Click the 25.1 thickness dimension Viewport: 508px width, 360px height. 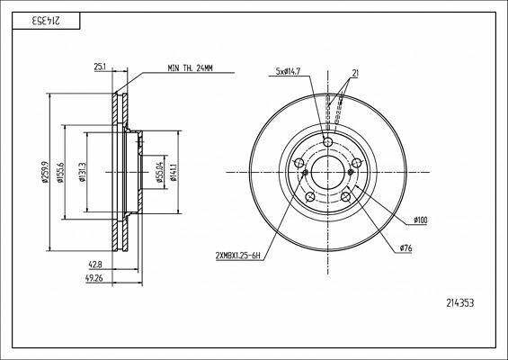point(101,67)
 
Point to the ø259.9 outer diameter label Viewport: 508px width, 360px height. point(44,172)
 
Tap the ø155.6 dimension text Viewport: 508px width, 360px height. point(60,172)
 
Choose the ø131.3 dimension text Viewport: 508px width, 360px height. point(83,172)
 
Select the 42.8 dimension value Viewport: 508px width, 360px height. point(95,265)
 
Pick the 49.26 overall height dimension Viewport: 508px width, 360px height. point(95,278)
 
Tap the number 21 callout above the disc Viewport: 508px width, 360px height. point(356,72)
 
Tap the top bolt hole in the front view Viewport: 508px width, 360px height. point(327,142)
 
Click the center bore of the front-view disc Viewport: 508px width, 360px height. point(327,172)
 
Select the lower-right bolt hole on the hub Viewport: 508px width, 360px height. point(345,196)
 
